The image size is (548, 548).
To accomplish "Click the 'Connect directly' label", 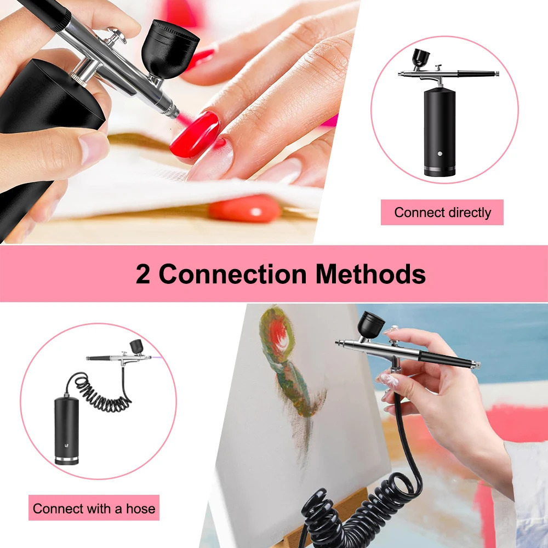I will (442, 212).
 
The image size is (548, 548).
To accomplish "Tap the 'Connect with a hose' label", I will (94, 508).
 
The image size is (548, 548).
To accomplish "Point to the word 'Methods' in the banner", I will (370, 274).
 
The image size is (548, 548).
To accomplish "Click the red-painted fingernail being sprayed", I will (195, 133).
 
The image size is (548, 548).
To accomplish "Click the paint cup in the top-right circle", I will (420, 58).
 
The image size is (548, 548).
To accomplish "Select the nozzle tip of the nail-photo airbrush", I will (174, 113).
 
